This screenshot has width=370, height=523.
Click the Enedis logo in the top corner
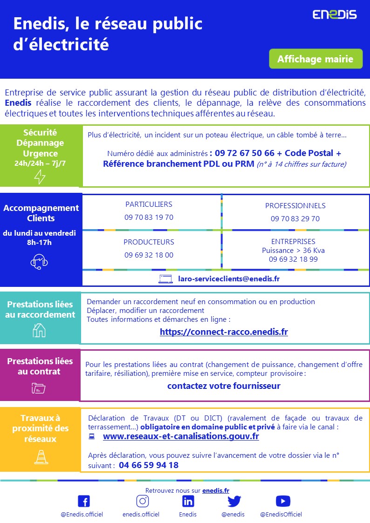pos(334,14)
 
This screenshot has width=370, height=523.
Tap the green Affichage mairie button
pos(315,59)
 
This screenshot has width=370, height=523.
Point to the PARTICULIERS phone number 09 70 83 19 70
pos(149,217)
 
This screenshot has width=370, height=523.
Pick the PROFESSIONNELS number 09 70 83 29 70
pos(295,218)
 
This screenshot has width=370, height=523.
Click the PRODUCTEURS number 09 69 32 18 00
pos(149,255)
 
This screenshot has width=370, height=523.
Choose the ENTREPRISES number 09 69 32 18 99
pos(293,259)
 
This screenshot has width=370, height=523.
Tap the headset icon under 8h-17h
pos(39,262)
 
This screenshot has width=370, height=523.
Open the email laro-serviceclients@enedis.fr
pos(229,279)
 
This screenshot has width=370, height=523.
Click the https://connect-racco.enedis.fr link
pos(224,332)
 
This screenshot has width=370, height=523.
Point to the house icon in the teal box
pos(39,330)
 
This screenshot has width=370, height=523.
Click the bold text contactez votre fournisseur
pos(224,386)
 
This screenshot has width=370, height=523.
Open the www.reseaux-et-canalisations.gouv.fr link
pos(181,436)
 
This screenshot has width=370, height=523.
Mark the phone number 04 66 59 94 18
pos(149,465)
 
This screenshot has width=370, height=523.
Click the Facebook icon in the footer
pos(83,501)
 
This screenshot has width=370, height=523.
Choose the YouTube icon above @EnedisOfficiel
pos(283,501)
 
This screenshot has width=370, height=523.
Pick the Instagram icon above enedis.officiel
pos(143,501)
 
